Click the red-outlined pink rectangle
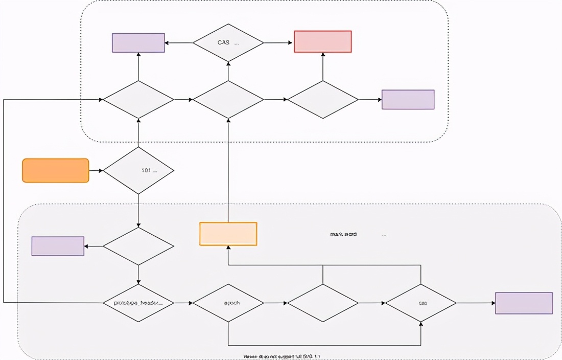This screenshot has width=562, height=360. tap(323, 41)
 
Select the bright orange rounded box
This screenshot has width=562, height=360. tap(56, 170)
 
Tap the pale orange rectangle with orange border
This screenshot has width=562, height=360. tap(228, 234)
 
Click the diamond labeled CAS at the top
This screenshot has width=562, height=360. tap(228, 43)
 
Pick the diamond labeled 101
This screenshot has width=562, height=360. tap(138, 170)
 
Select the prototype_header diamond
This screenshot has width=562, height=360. tap(138, 303)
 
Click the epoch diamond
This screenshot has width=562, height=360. tap(228, 303)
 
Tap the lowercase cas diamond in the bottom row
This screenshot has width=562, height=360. tap(420, 303)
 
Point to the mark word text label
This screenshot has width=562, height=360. tap(343, 234)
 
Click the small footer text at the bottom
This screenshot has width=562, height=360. tap(282, 356)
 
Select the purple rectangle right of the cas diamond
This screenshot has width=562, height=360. tap(524, 303)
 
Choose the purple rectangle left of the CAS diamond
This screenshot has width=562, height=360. tap(138, 43)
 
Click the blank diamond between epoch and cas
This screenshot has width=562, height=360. tap(323, 303)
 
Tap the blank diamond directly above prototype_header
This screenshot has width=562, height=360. tap(138, 246)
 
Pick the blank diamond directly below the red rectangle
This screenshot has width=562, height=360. tap(323, 99)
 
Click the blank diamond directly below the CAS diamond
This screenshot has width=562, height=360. tap(228, 99)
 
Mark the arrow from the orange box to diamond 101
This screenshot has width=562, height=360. tap(96, 170)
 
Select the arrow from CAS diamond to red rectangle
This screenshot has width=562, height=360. tap(278, 43)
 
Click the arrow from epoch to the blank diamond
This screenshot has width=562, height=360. tap(275, 303)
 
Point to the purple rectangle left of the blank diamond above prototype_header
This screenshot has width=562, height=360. tap(58, 246)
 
